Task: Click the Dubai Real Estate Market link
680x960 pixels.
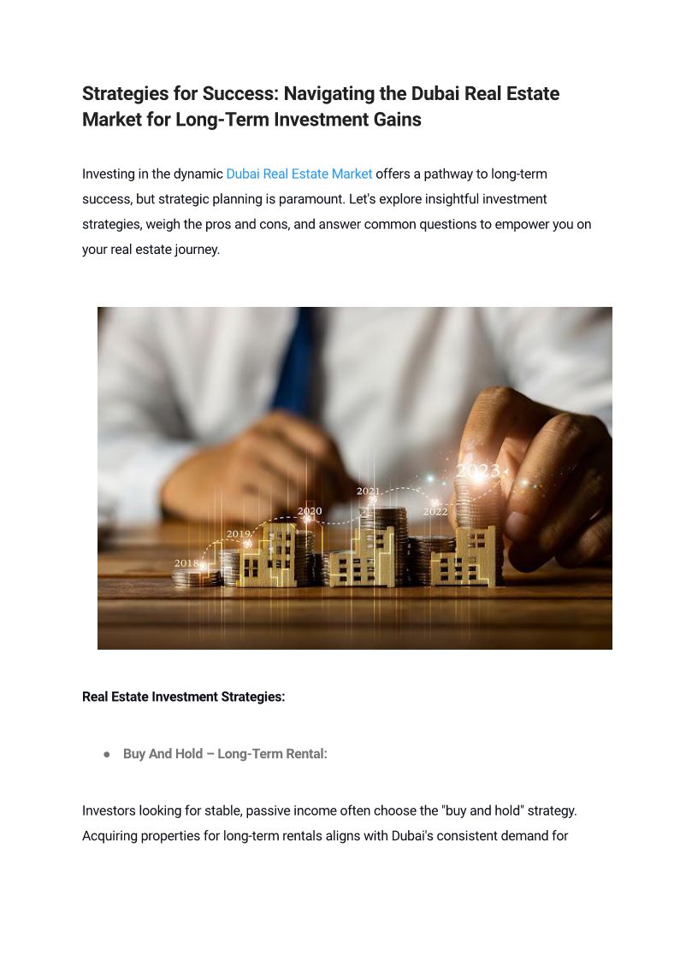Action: pos(299,174)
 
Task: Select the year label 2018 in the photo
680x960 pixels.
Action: pos(186,563)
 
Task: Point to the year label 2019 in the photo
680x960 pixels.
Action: pos(239,534)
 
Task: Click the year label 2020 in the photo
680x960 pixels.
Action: pos(310,511)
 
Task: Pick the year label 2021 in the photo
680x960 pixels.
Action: pos(368,492)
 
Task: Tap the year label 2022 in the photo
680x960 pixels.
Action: pos(435,511)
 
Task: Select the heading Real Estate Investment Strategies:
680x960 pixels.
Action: pos(183,697)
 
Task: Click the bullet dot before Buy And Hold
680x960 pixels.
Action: pos(107,754)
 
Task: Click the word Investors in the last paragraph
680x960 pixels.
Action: pos(109,810)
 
